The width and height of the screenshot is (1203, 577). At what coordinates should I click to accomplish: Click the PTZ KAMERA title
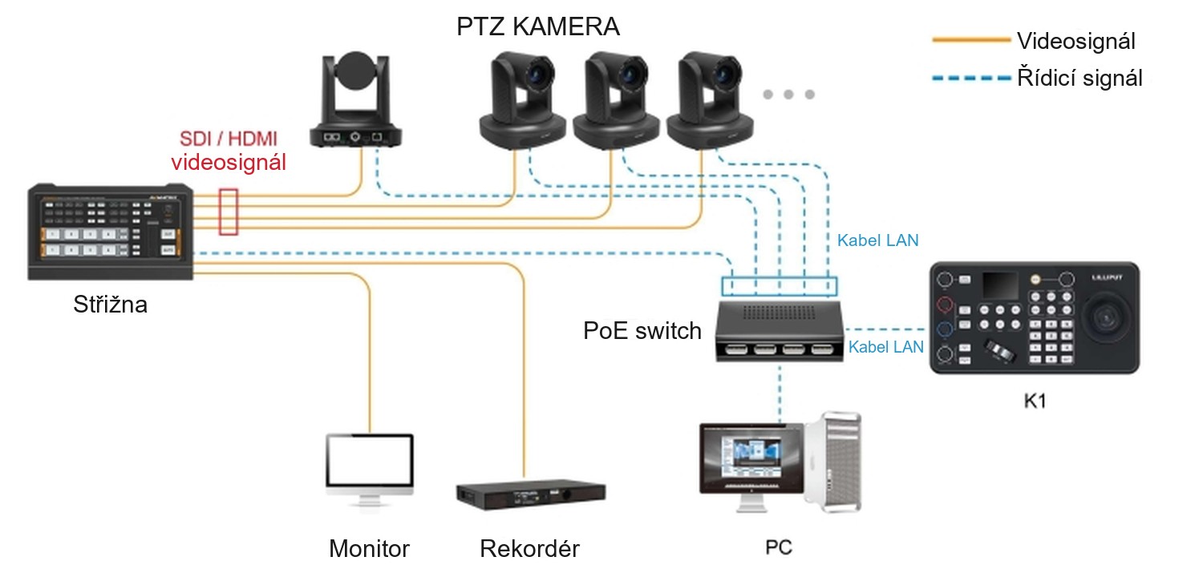tap(538, 26)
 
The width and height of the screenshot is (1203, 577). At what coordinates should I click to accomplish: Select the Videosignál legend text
tap(1075, 41)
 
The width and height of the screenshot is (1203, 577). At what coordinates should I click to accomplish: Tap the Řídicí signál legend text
tap(1079, 78)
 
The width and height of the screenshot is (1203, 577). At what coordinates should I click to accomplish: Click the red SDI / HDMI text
tap(229, 139)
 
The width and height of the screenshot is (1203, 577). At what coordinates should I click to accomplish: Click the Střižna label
tap(110, 305)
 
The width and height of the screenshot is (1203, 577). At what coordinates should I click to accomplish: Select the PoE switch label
tap(642, 331)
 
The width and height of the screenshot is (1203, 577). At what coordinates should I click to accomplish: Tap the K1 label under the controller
tap(1035, 401)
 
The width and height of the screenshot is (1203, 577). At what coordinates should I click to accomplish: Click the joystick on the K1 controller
tap(1105, 319)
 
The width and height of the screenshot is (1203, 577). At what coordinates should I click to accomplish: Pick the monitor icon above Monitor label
tap(370, 469)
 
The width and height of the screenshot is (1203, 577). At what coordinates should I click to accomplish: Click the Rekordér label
tap(529, 549)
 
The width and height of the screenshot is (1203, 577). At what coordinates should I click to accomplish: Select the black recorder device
tap(531, 494)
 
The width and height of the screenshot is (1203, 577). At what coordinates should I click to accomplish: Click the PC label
tap(779, 547)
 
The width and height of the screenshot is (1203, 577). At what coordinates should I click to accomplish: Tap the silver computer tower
tap(833, 462)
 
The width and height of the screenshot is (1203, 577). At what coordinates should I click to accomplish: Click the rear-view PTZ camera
tap(355, 99)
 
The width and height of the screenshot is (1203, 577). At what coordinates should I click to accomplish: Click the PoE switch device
tap(780, 331)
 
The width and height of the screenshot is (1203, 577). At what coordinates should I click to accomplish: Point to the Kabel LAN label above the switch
tap(877, 240)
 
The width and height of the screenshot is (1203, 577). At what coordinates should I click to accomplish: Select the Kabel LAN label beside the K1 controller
tap(885, 347)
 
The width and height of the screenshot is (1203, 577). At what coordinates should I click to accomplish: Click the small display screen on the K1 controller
tap(1000, 285)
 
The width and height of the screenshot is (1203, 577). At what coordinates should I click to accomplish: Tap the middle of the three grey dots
tap(788, 95)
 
